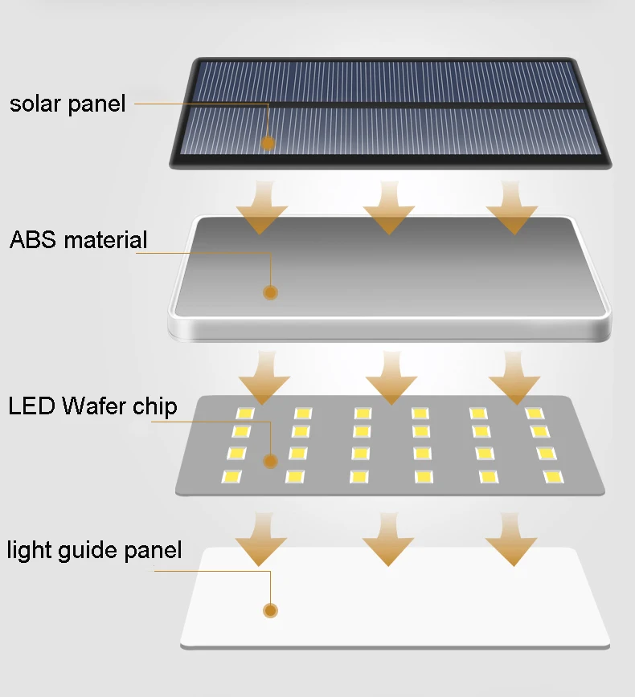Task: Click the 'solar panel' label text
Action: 68,104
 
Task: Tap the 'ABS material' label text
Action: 78,239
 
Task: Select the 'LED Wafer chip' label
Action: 92,406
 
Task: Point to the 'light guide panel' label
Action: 94,551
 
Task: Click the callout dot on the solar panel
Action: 268,143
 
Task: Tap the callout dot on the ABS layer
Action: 270,292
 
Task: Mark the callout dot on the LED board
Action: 270,460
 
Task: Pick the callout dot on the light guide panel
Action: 270,611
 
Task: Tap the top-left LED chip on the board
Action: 244,413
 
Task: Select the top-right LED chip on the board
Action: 534,413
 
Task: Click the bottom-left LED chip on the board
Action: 232,477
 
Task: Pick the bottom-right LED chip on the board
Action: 552,477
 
